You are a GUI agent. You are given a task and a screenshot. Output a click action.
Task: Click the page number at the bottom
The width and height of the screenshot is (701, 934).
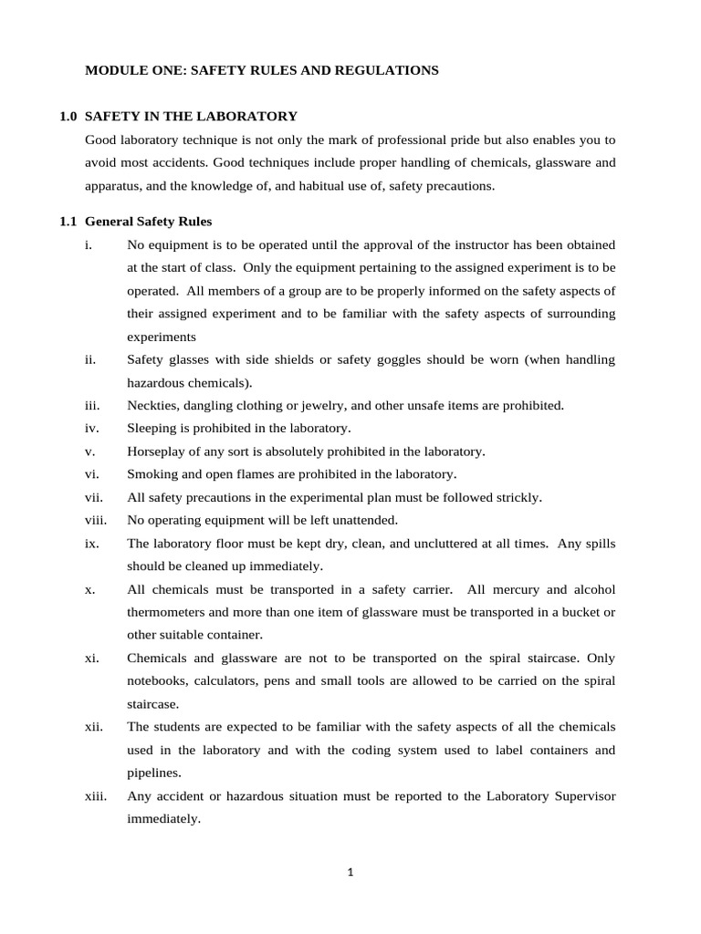coord(350,872)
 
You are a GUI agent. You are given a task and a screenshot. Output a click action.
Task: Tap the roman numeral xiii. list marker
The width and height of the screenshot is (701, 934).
coord(95,796)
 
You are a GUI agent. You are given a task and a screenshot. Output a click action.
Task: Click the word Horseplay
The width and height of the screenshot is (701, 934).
coord(158,451)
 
